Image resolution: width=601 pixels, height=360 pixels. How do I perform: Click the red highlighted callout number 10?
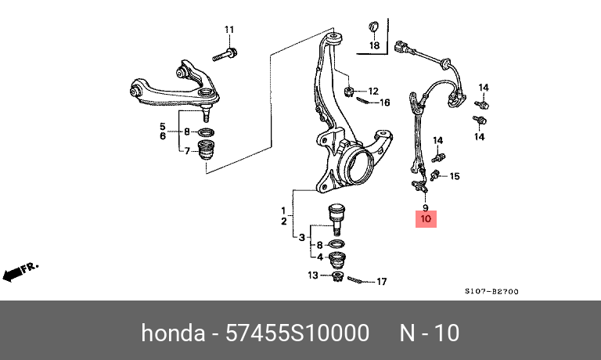426,219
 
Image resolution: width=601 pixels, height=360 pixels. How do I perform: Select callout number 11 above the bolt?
230,31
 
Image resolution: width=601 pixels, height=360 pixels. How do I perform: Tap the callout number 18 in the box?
374,46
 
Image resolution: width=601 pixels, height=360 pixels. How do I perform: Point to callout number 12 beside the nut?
373,91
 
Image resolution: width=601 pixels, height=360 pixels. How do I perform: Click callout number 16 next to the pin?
385,103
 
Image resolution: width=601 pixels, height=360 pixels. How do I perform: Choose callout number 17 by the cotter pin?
382,282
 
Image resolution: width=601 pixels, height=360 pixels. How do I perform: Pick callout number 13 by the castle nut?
312,275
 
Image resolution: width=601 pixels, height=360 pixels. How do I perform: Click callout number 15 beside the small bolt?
455,176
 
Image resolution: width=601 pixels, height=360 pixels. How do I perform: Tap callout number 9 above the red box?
426,207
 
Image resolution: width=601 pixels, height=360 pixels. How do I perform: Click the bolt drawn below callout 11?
225,56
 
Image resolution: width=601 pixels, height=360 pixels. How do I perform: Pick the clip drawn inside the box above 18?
373,29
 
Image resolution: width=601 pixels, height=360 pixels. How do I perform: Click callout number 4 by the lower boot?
318,256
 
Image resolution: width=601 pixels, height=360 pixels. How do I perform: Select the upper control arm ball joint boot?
209,152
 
